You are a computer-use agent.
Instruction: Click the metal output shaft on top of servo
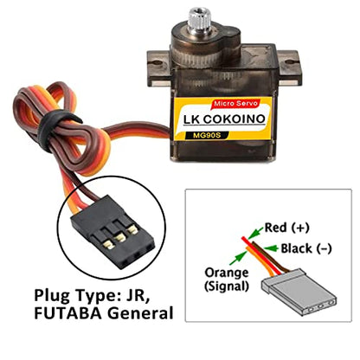[197, 18]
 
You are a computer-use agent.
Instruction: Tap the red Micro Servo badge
[235, 103]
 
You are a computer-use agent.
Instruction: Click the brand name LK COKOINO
[224, 119]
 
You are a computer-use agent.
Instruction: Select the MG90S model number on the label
[207, 135]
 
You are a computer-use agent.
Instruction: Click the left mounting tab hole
[157, 62]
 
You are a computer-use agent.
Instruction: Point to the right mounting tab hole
[289, 61]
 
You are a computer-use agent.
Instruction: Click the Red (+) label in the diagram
[286, 228]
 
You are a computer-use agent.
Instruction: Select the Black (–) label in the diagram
[306, 248]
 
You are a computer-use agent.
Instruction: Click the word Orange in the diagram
[227, 273]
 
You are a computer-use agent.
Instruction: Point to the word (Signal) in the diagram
[227, 286]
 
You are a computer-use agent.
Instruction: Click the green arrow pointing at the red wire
[255, 232]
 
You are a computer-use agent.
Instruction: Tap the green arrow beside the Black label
[271, 248]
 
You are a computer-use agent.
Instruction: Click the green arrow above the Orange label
[238, 258]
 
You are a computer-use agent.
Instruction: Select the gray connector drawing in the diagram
[299, 292]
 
